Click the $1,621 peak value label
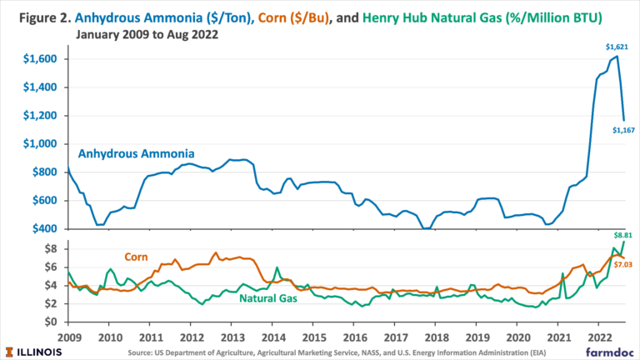coord(616,48)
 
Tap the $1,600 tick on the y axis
coord(41,59)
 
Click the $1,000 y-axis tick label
coord(41,144)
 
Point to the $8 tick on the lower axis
coord(52,248)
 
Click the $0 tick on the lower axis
coord(52,322)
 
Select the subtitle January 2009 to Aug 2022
coord(151,34)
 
